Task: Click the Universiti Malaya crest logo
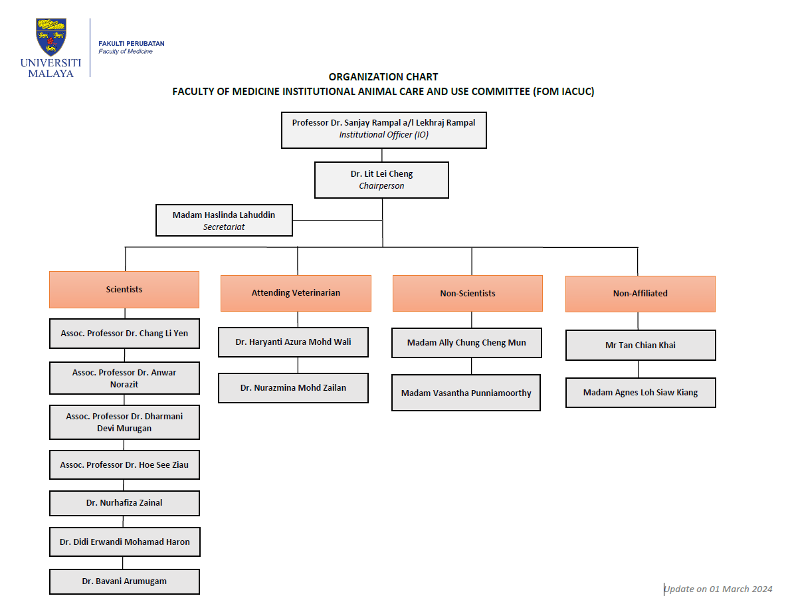51,37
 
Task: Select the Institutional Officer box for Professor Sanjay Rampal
384,130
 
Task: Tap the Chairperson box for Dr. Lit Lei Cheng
381,180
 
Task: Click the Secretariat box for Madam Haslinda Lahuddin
224,220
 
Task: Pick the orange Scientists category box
124,290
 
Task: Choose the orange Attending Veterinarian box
296,293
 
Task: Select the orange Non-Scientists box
468,293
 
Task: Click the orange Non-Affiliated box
641,294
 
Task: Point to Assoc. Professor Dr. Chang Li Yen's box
124,334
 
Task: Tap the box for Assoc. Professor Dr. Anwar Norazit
124,378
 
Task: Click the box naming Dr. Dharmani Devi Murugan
124,422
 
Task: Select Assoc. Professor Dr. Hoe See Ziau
124,464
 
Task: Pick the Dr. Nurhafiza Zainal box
124,503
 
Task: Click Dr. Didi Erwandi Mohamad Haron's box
125,542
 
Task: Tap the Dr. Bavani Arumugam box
124,582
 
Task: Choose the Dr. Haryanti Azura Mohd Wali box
293,342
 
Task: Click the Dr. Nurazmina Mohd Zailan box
293,388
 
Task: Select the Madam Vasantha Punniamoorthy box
466,393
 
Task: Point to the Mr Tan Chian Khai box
641,345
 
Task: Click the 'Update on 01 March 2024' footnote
718,589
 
